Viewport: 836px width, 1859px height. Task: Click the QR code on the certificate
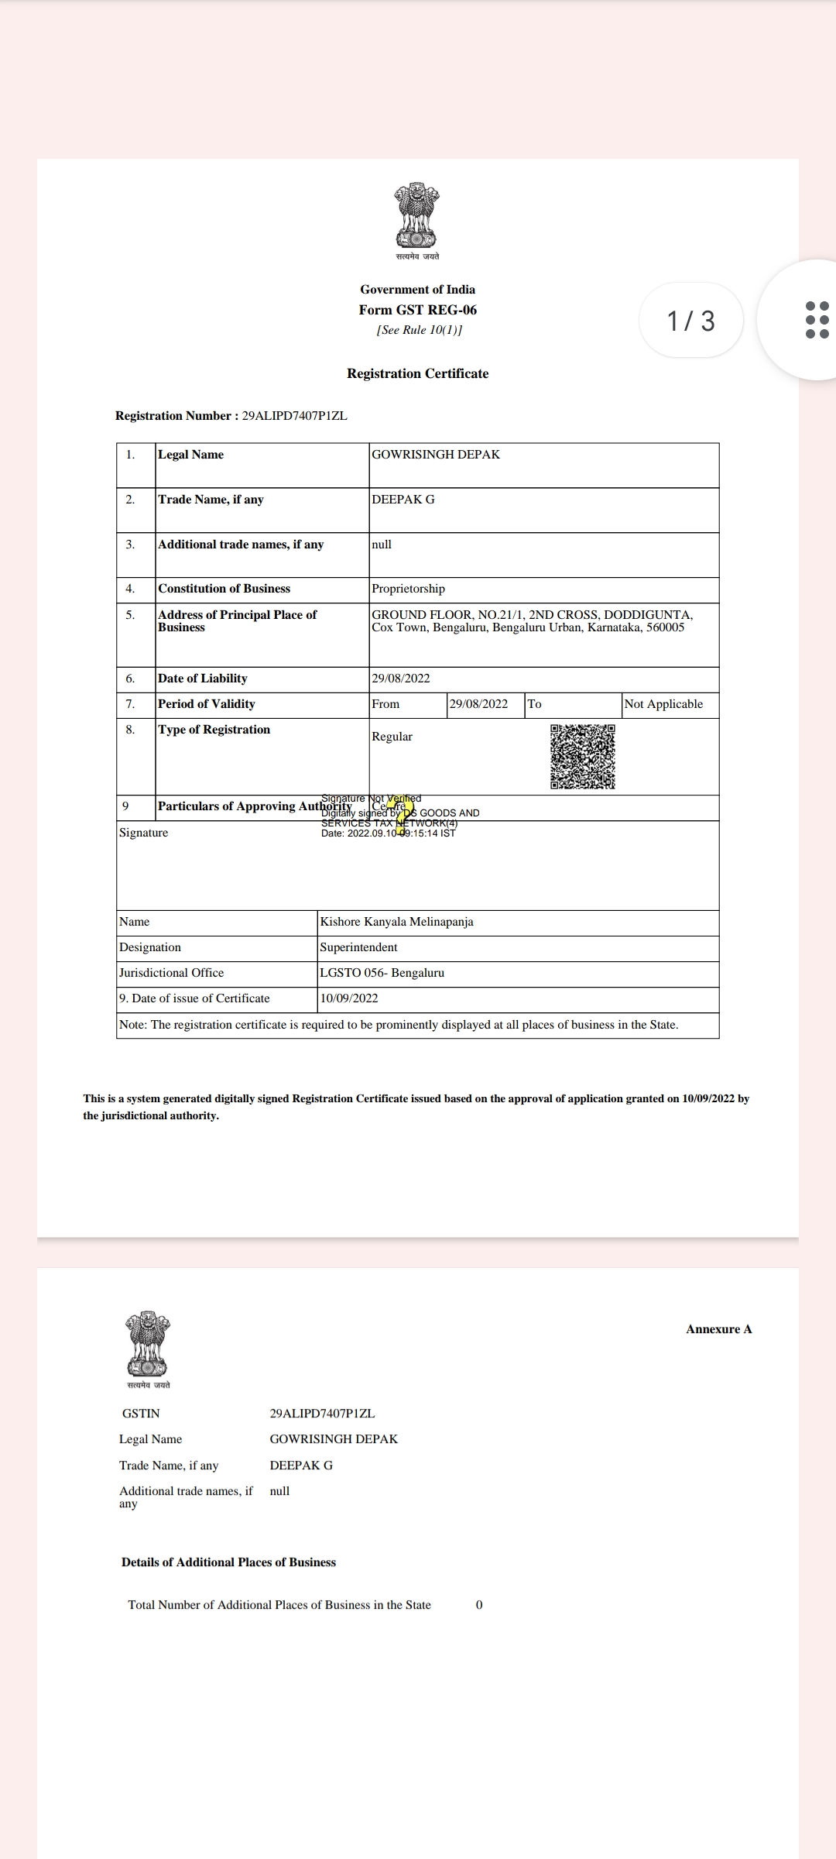[583, 756]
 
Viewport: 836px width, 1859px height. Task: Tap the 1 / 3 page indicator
[690, 321]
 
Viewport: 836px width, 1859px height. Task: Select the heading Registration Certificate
[417, 373]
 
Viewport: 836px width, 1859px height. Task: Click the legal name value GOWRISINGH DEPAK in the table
[436, 455]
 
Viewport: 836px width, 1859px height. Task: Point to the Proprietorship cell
[408, 589]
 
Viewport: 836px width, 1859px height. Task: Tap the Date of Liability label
[203, 679]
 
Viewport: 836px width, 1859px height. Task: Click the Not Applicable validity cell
[663, 704]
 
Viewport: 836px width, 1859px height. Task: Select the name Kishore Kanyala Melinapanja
[396, 922]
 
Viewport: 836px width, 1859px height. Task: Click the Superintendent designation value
[358, 947]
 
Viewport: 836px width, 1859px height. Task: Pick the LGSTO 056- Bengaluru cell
[382, 973]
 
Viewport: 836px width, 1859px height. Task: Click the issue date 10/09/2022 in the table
[349, 998]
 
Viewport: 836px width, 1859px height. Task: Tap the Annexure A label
[718, 1329]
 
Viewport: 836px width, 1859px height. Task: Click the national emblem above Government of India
[417, 216]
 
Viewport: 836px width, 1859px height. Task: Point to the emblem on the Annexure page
[148, 1344]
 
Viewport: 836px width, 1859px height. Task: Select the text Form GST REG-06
[417, 310]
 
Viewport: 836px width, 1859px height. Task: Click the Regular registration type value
[392, 737]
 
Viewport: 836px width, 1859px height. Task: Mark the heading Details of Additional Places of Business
[228, 1562]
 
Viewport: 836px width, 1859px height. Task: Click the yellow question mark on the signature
[401, 816]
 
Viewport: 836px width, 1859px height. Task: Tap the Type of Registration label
[214, 730]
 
